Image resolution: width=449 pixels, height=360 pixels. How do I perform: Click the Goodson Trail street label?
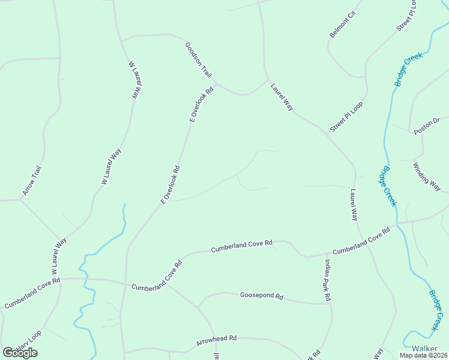point(199,60)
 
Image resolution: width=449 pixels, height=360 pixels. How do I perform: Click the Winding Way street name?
point(427,177)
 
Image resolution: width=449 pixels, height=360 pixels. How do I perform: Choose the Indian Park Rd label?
point(328,280)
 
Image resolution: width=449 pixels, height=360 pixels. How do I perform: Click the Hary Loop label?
point(28,340)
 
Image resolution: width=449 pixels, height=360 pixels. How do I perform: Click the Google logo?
point(20,352)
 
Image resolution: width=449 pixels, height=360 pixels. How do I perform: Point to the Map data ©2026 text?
point(423,355)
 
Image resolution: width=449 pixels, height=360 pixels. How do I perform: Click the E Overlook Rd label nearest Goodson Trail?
point(202,106)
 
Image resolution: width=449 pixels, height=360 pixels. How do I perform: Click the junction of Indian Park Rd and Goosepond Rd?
point(331,304)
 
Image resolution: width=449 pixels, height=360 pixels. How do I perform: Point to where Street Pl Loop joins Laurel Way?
point(326,133)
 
